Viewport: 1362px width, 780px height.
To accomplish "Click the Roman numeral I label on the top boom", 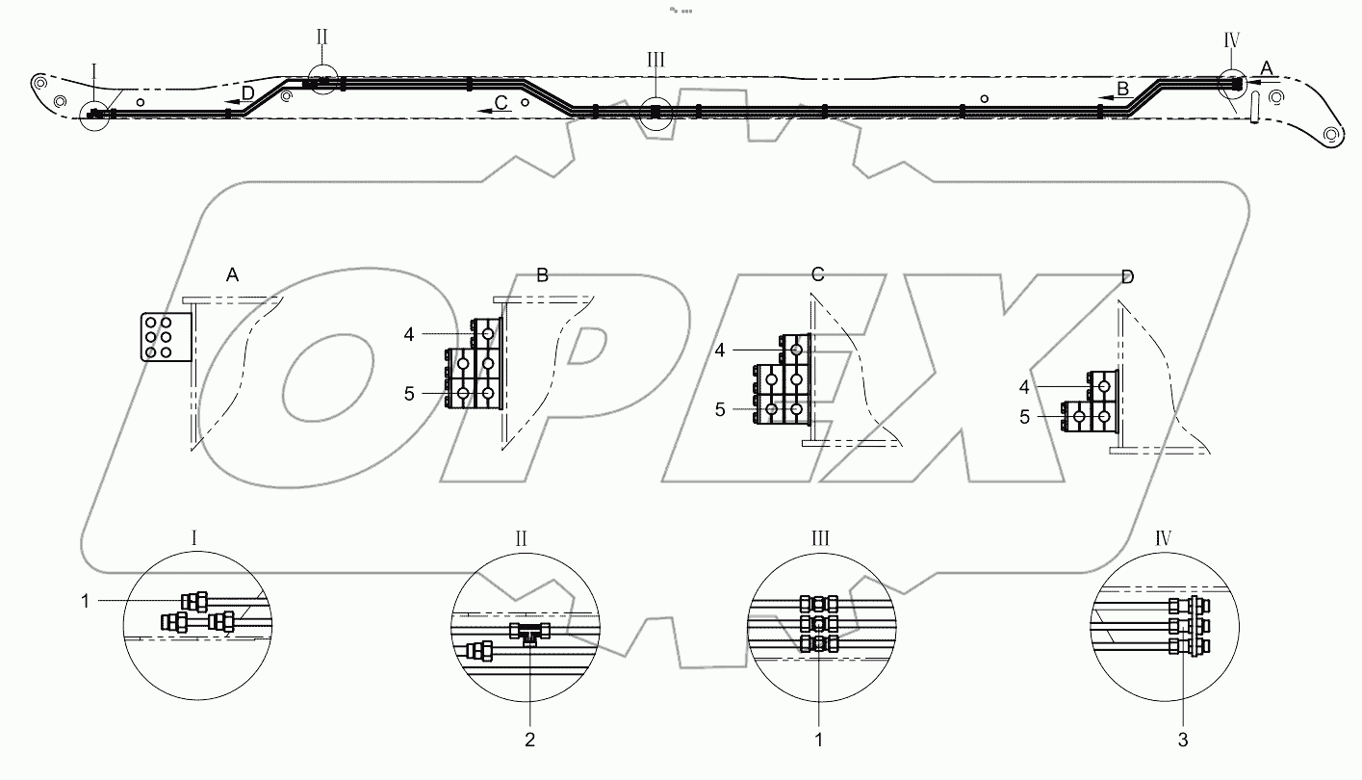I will (x=94, y=70).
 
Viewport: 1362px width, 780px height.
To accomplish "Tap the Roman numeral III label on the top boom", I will (x=655, y=61).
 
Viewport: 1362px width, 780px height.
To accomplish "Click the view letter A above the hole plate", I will (x=232, y=275).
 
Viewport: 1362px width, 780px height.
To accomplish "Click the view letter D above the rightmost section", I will (x=1127, y=277).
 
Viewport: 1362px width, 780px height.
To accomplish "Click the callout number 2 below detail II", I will (x=529, y=740).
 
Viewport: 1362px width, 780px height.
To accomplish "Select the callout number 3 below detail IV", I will (x=1184, y=740).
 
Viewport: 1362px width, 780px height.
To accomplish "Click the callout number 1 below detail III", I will (x=818, y=740).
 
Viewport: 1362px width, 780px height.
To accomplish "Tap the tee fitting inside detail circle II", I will (x=529, y=633).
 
